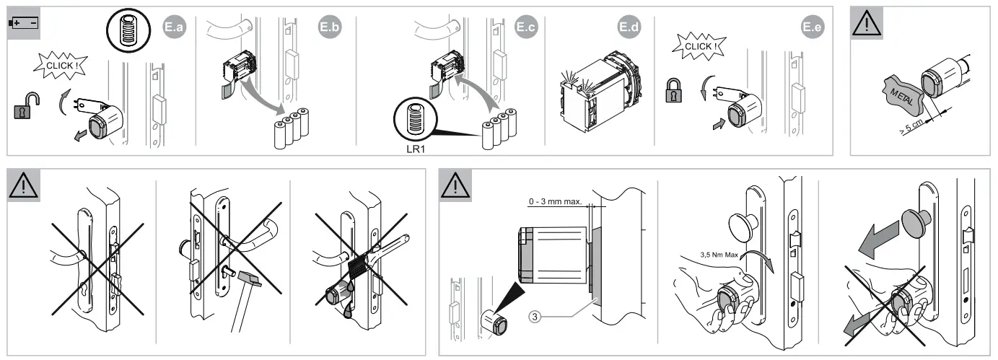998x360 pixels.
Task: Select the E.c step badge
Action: [x=527, y=27]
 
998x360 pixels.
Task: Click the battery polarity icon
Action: [x=24, y=24]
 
